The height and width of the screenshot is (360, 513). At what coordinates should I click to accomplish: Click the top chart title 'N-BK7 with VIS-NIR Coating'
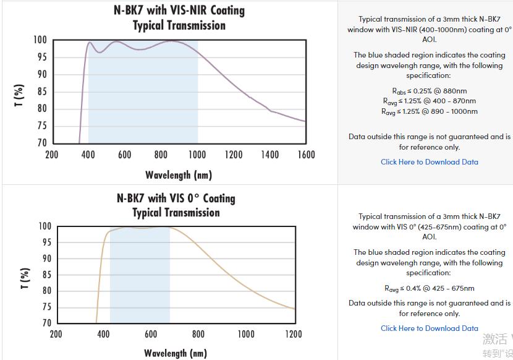(180, 11)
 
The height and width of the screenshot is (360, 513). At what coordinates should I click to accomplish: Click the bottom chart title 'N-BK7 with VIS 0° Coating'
(176, 199)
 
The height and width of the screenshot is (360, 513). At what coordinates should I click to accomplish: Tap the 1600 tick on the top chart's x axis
(306, 155)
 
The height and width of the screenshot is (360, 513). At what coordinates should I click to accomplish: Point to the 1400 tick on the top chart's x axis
(269, 155)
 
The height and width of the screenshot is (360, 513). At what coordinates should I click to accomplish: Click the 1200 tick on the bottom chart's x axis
(294, 335)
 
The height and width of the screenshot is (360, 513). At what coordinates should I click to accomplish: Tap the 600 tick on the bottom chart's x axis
(151, 335)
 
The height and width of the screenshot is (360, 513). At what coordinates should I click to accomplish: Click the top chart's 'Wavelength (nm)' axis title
(179, 175)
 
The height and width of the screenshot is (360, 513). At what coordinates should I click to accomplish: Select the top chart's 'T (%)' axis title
(19, 96)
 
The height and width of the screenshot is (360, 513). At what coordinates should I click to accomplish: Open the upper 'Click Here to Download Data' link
(429, 162)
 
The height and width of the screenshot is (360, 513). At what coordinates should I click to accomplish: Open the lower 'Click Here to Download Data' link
(429, 328)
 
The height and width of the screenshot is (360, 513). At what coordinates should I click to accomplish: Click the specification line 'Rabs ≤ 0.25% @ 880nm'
(429, 91)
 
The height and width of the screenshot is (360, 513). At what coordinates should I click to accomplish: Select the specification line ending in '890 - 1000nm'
(429, 111)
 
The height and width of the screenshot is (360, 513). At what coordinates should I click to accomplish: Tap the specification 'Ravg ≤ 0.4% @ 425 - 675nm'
(429, 288)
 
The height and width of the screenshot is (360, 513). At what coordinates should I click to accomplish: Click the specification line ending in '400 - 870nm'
(429, 101)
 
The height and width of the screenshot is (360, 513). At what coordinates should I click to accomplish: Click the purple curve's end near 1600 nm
(305, 121)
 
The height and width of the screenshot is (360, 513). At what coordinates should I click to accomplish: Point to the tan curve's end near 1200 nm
(294, 309)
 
